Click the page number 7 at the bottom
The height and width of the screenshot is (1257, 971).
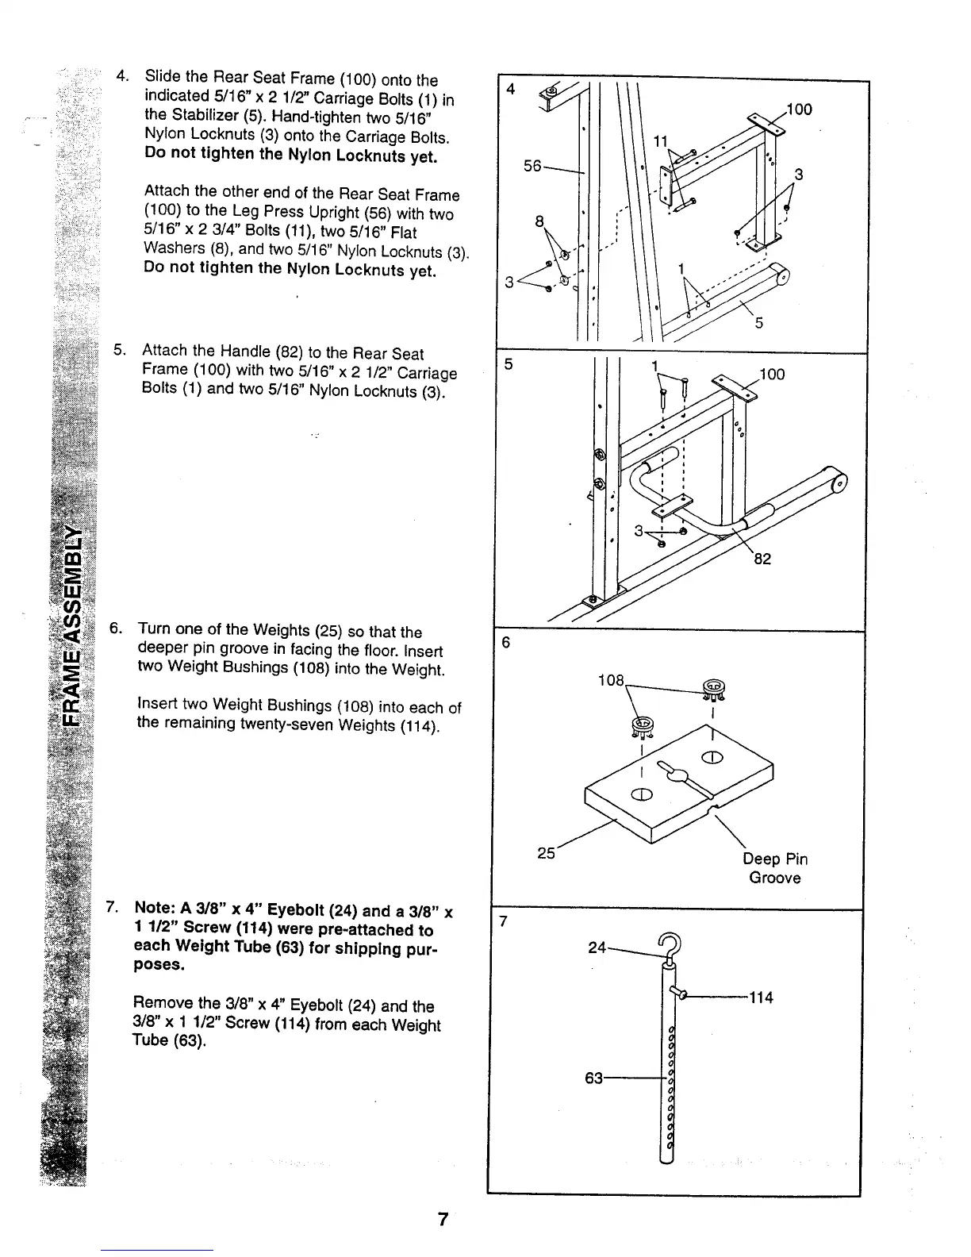[x=443, y=1220]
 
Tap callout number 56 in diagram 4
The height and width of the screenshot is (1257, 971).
[x=534, y=166]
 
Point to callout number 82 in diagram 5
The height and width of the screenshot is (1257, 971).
[x=762, y=559]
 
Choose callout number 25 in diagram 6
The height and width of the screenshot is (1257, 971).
[x=546, y=853]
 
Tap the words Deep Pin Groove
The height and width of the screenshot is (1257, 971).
[x=775, y=868]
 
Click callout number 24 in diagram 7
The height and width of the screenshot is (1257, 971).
[x=598, y=947]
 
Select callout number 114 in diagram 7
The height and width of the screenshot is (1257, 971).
[x=761, y=997]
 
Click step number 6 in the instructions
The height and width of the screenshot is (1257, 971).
[x=115, y=629]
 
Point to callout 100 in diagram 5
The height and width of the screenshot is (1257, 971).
[x=771, y=374]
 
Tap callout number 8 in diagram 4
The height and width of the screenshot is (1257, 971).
[x=539, y=222]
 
